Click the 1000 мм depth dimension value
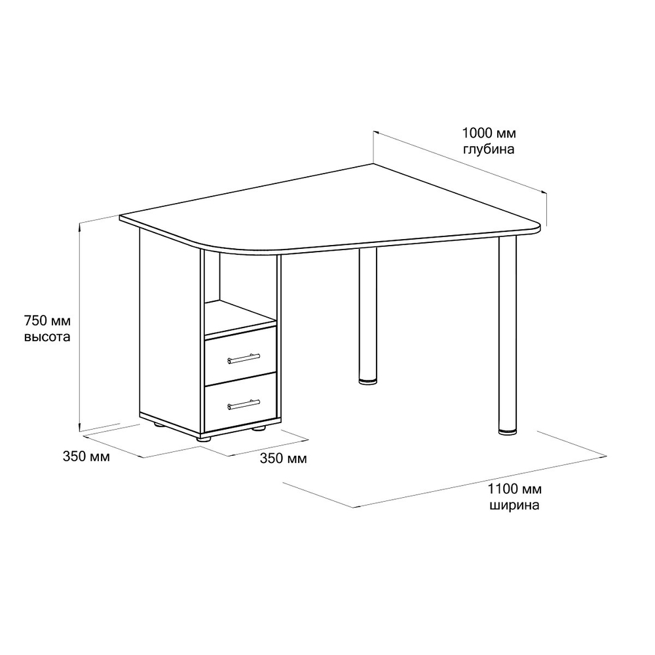(x=489, y=133)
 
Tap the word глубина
(x=489, y=149)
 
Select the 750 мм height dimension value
(x=48, y=321)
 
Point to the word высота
(x=47, y=337)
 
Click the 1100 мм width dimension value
(x=515, y=489)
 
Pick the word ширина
(x=514, y=505)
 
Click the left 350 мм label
(x=86, y=456)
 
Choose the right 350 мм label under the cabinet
(x=283, y=458)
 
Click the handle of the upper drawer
(x=244, y=358)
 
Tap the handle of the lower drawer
(x=244, y=404)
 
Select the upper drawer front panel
(x=240, y=355)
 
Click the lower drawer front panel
(x=240, y=402)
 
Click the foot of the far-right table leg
(x=508, y=431)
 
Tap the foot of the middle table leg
(x=367, y=381)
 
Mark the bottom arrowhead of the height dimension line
(x=80, y=426)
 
